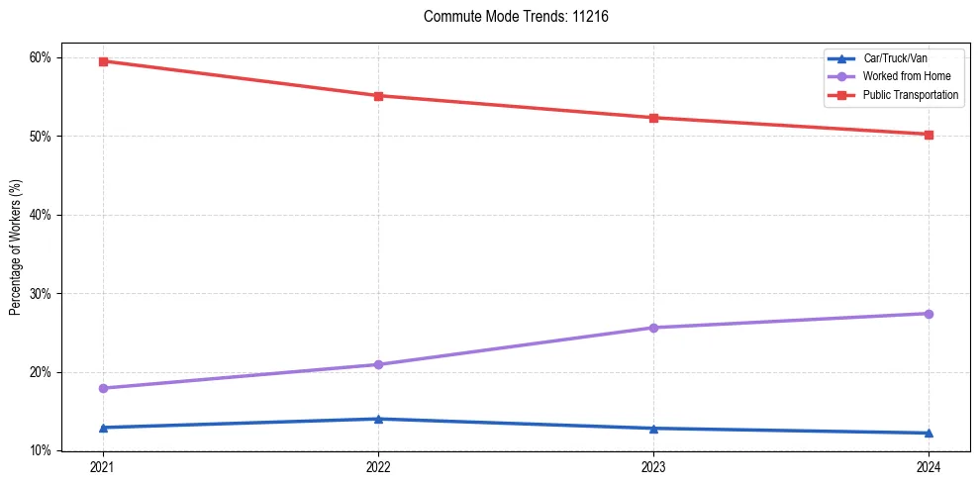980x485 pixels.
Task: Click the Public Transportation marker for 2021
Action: coord(103,61)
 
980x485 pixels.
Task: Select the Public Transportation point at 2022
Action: coord(378,96)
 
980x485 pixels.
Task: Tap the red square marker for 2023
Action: coord(653,118)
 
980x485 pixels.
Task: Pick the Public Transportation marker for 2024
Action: coord(929,135)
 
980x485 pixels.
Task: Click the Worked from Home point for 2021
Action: coord(103,388)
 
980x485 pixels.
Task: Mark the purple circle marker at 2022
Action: coord(378,364)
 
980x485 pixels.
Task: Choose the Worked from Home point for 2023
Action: coord(653,328)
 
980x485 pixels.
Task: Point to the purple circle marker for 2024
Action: coord(929,314)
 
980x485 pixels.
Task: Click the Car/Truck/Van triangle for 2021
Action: coord(103,428)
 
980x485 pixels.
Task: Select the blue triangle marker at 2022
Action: coord(378,419)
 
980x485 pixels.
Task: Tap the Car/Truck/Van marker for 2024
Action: coord(929,433)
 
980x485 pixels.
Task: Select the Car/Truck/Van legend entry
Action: coord(895,57)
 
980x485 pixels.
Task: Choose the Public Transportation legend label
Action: coord(911,95)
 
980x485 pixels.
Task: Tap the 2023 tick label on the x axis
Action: coord(653,467)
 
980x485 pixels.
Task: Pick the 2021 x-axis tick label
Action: coord(103,467)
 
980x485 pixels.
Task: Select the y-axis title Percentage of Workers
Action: coord(16,247)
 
